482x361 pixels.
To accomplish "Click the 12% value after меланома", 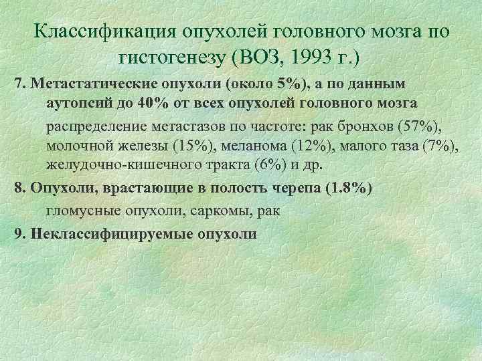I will [x=308, y=146].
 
